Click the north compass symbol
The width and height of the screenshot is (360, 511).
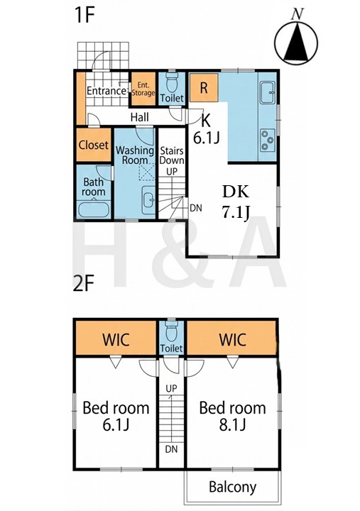[x=296, y=40]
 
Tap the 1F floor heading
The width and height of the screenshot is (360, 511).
[x=84, y=15]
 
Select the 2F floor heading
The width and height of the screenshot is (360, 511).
[x=84, y=283]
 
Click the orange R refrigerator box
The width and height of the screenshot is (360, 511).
[x=204, y=88]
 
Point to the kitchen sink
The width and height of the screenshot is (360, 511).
[x=268, y=92]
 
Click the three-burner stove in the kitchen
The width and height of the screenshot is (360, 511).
[x=268, y=140]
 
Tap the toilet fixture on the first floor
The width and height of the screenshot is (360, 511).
[x=172, y=83]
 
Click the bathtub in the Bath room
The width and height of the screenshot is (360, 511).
[x=94, y=209]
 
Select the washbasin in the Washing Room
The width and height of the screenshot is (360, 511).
[x=149, y=199]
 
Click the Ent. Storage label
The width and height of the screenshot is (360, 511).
[x=143, y=89]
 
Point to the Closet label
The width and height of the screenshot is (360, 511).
[x=94, y=145]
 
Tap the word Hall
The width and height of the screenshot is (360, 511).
[x=140, y=117]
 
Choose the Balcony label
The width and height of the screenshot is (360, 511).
[x=232, y=487]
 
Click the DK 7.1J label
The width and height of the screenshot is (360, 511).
[x=236, y=202]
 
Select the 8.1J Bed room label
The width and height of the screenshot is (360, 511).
[x=232, y=416]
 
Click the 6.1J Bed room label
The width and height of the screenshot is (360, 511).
[x=116, y=416]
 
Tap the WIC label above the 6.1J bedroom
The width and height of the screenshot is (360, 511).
[x=116, y=339]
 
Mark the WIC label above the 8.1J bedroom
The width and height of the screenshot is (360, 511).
[x=232, y=339]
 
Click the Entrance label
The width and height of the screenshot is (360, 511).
[x=107, y=91]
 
